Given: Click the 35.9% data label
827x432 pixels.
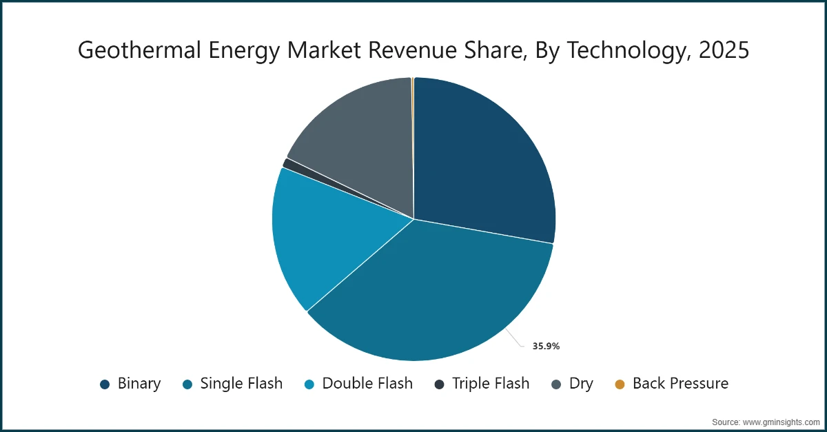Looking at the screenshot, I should pyautogui.click(x=546, y=347).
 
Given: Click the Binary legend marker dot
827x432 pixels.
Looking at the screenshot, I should pyautogui.click(x=105, y=384).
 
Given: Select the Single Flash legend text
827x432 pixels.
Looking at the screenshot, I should pyautogui.click(x=241, y=384).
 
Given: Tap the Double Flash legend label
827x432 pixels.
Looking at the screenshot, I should pyautogui.click(x=367, y=384).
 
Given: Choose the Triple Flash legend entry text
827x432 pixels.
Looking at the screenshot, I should pyautogui.click(x=491, y=384).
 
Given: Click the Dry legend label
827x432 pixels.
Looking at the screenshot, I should pyautogui.click(x=581, y=384).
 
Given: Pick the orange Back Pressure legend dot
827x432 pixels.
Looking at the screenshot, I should pyautogui.click(x=620, y=384).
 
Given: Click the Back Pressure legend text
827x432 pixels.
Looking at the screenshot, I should pyautogui.click(x=680, y=384).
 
